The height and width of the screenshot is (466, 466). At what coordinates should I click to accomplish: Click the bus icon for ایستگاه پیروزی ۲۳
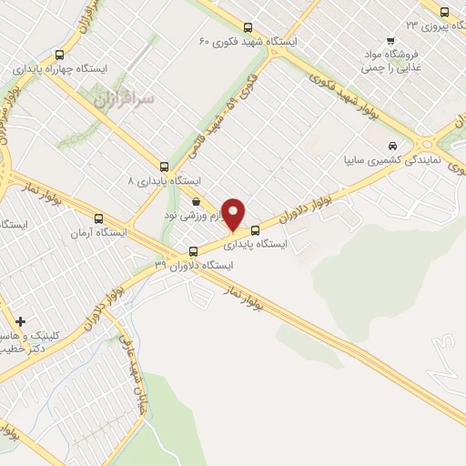(444, 13)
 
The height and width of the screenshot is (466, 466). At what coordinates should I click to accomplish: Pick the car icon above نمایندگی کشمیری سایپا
(392, 146)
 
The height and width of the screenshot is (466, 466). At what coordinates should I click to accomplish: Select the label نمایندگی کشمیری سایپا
(398, 159)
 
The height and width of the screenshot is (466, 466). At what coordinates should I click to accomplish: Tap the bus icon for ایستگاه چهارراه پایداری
(60, 55)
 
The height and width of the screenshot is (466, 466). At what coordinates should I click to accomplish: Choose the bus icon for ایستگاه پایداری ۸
(164, 167)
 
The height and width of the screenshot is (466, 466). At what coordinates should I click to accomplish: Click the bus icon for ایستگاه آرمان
(98, 218)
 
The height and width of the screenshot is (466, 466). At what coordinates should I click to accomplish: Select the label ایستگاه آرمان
(96, 234)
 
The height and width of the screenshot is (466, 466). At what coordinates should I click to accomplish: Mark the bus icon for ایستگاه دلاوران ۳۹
(192, 251)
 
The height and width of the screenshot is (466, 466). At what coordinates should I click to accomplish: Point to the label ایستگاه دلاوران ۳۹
(194, 266)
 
